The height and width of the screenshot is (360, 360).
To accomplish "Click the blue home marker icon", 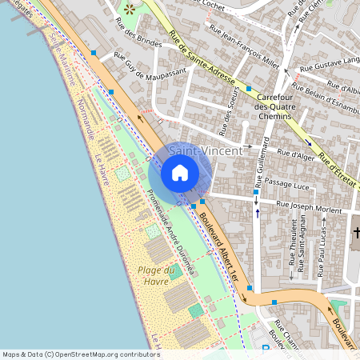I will point(180,172).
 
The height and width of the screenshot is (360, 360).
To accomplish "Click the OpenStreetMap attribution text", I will point(81,354).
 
